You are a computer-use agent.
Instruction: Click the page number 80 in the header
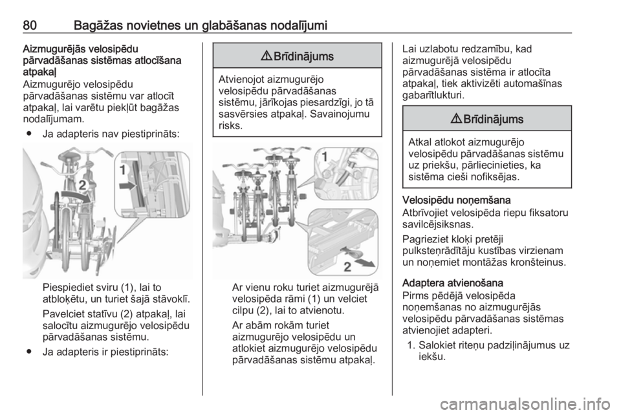point(30,26)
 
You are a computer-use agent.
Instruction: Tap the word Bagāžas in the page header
point(98,26)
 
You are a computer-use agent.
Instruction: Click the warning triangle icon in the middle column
point(266,57)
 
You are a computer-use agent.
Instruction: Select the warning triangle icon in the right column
point(455,119)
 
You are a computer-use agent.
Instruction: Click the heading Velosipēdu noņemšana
point(456,200)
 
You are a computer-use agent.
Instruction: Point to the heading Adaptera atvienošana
point(453,283)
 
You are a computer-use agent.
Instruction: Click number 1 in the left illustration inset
point(123,171)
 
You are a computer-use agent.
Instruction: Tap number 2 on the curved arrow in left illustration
point(82,185)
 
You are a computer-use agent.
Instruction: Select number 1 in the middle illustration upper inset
point(325,157)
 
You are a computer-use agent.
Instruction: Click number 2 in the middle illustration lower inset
point(347,267)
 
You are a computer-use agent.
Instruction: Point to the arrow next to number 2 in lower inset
point(365,262)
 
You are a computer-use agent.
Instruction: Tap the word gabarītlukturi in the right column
point(433,95)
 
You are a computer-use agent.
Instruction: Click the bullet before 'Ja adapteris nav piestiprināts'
point(29,134)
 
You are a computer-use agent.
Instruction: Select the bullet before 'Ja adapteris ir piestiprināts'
point(29,351)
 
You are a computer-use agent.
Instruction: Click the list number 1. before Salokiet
point(411,345)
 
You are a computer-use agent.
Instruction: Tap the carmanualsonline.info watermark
point(525,404)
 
